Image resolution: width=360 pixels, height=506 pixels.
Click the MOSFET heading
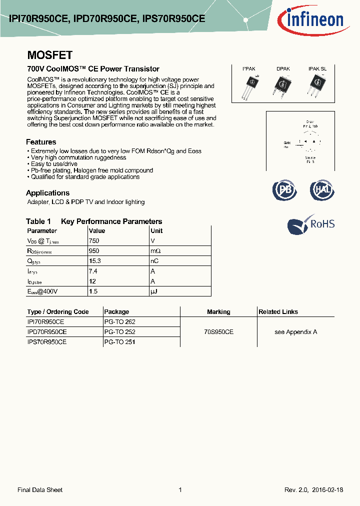pos(49,55)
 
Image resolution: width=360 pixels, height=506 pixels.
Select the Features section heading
pos(41,142)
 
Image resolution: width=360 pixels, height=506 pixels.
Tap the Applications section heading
pos(47,193)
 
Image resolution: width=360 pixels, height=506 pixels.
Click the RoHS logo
pos(310,224)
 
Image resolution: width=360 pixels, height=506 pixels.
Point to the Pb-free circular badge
pos(284,190)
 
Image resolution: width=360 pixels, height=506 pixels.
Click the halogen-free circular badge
pos(322,190)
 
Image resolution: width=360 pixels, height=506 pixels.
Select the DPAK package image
pos(282,85)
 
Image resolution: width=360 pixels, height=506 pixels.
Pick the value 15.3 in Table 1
pos(94,261)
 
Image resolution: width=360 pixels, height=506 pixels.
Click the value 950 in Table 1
pos(93,251)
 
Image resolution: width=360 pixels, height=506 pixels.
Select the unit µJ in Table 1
pos(154,291)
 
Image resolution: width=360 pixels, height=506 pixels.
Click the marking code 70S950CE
pos(218,332)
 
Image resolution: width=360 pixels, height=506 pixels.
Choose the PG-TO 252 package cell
pos(119,332)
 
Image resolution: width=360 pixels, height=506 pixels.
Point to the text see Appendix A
pos(295,332)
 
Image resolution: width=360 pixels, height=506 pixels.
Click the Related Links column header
pos(278,312)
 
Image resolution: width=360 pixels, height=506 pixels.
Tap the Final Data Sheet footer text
pos(40,490)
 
